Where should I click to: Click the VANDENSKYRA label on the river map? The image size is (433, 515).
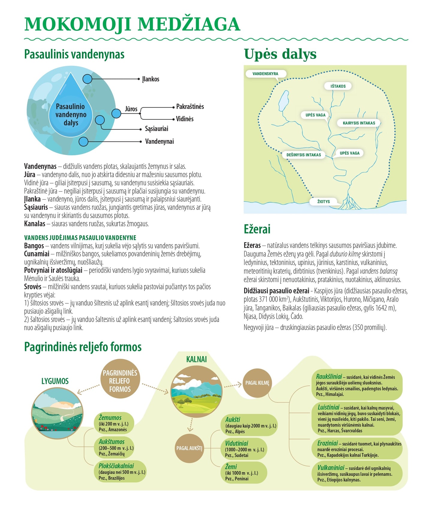[x=265, y=74]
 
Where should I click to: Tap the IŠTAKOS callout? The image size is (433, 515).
[x=338, y=86]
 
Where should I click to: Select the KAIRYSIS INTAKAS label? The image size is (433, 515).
[x=359, y=123]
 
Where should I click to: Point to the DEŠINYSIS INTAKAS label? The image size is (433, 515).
[x=304, y=155]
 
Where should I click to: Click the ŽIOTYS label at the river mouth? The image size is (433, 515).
[x=324, y=202]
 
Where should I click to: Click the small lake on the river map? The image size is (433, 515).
[x=283, y=101]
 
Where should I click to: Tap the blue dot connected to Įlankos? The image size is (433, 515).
[x=87, y=79]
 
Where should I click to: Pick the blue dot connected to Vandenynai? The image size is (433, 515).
[x=84, y=142]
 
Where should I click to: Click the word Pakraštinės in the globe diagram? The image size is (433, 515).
[x=190, y=107]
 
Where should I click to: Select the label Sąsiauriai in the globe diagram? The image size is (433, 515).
[x=156, y=129]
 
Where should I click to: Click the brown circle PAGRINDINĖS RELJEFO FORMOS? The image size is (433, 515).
[x=120, y=381]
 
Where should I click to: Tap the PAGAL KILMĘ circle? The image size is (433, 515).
[x=257, y=383]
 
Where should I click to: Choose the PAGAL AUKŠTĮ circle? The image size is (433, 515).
[x=189, y=448]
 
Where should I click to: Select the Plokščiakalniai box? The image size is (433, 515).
[x=121, y=471]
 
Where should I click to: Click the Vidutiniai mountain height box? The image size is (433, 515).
[x=245, y=449]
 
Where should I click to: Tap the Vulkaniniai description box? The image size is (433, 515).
[x=359, y=473]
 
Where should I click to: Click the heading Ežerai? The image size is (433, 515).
[x=257, y=229]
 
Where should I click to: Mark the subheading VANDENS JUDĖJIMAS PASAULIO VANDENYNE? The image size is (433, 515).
[x=80, y=238]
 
